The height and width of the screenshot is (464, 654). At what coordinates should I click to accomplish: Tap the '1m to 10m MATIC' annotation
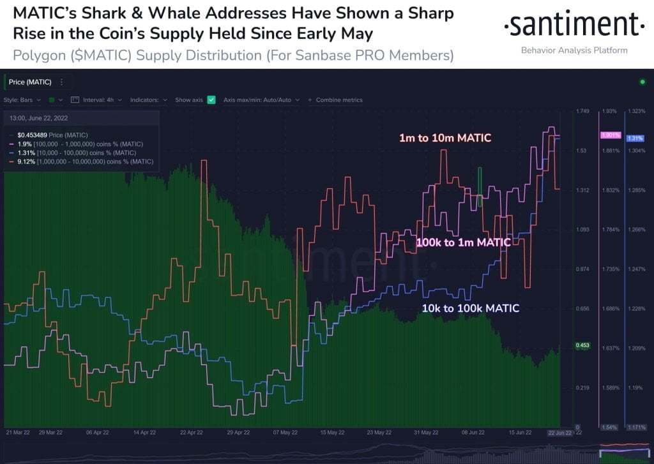point(445,137)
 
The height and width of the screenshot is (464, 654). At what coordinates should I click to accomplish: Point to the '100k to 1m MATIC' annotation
point(463,243)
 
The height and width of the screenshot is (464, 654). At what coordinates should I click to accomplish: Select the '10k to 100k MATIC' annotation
point(470,308)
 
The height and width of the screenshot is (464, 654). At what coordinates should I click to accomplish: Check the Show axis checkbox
point(211,100)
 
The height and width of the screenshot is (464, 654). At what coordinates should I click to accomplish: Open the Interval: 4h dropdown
point(97,100)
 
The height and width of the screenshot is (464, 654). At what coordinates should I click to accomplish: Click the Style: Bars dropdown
point(22,100)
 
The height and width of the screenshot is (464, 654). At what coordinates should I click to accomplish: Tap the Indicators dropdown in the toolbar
point(148,100)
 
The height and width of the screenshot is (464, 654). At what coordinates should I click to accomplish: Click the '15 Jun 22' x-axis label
point(520,432)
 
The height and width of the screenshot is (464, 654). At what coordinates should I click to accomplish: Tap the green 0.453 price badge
point(583,345)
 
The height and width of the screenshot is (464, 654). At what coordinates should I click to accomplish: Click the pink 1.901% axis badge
point(610,135)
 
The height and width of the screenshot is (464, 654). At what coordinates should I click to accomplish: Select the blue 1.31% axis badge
point(635,138)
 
